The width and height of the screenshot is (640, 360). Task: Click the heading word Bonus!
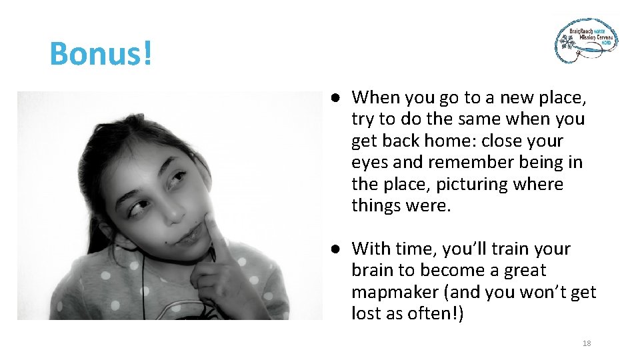point(101,53)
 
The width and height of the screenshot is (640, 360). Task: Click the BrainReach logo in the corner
point(587,40)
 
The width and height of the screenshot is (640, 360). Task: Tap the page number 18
point(587,343)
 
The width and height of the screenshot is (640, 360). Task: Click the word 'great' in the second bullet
point(524,270)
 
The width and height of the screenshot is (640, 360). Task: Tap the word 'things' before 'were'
point(376,205)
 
